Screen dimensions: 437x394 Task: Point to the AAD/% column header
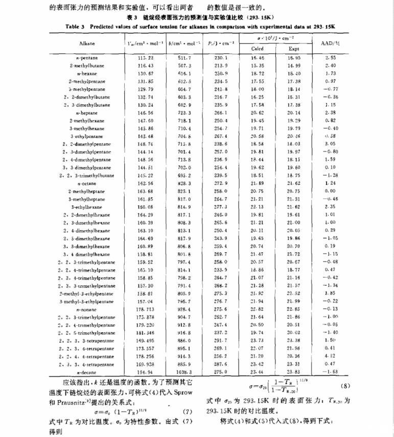tap(330, 43)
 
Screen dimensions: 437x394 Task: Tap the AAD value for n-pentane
tap(330, 59)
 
